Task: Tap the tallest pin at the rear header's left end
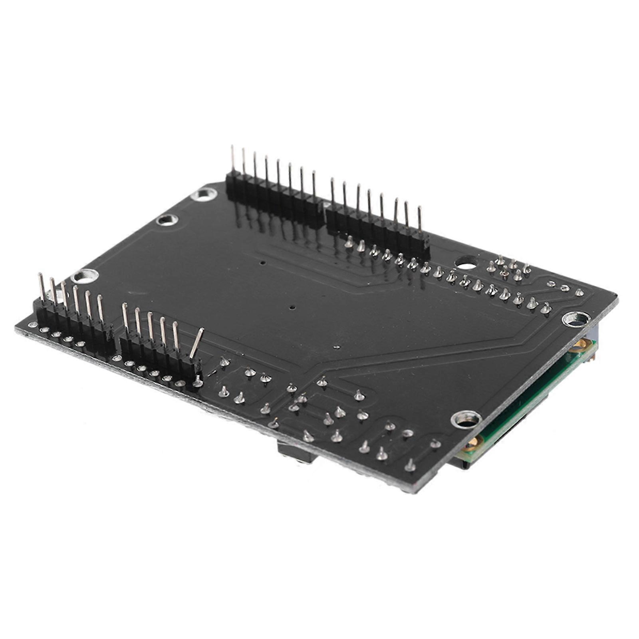[x=232, y=160]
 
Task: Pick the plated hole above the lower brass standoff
[x=466, y=419]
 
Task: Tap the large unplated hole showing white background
[x=466, y=262]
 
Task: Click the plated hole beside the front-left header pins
[x=84, y=276]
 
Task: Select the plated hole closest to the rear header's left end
[x=204, y=194]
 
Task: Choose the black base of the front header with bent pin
[x=160, y=353]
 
